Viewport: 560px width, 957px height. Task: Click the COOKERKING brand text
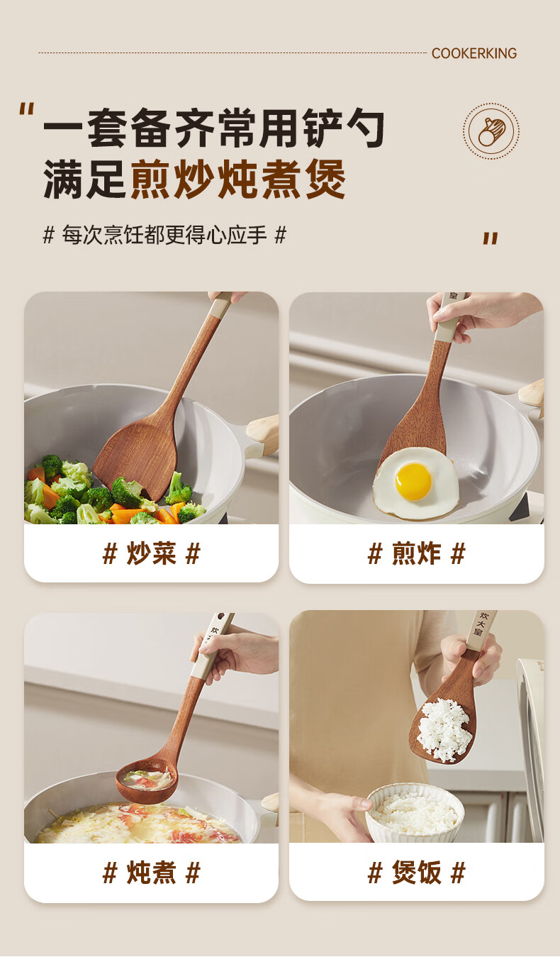coord(474,53)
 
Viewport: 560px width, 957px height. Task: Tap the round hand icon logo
coord(491,131)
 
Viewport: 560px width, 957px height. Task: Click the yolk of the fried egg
coord(413,482)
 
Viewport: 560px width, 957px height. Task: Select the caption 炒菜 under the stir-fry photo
coord(152,553)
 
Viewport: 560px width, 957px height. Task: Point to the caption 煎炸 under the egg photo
coord(416,553)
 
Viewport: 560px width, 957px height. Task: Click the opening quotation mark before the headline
coord(26,109)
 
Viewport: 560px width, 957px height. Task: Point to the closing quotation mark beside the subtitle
coord(491,238)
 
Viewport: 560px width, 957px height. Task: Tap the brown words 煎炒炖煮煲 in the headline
coord(237,179)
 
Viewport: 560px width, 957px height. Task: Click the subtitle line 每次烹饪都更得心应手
coord(164,235)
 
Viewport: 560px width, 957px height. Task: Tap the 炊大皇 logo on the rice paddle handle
coord(482,624)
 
